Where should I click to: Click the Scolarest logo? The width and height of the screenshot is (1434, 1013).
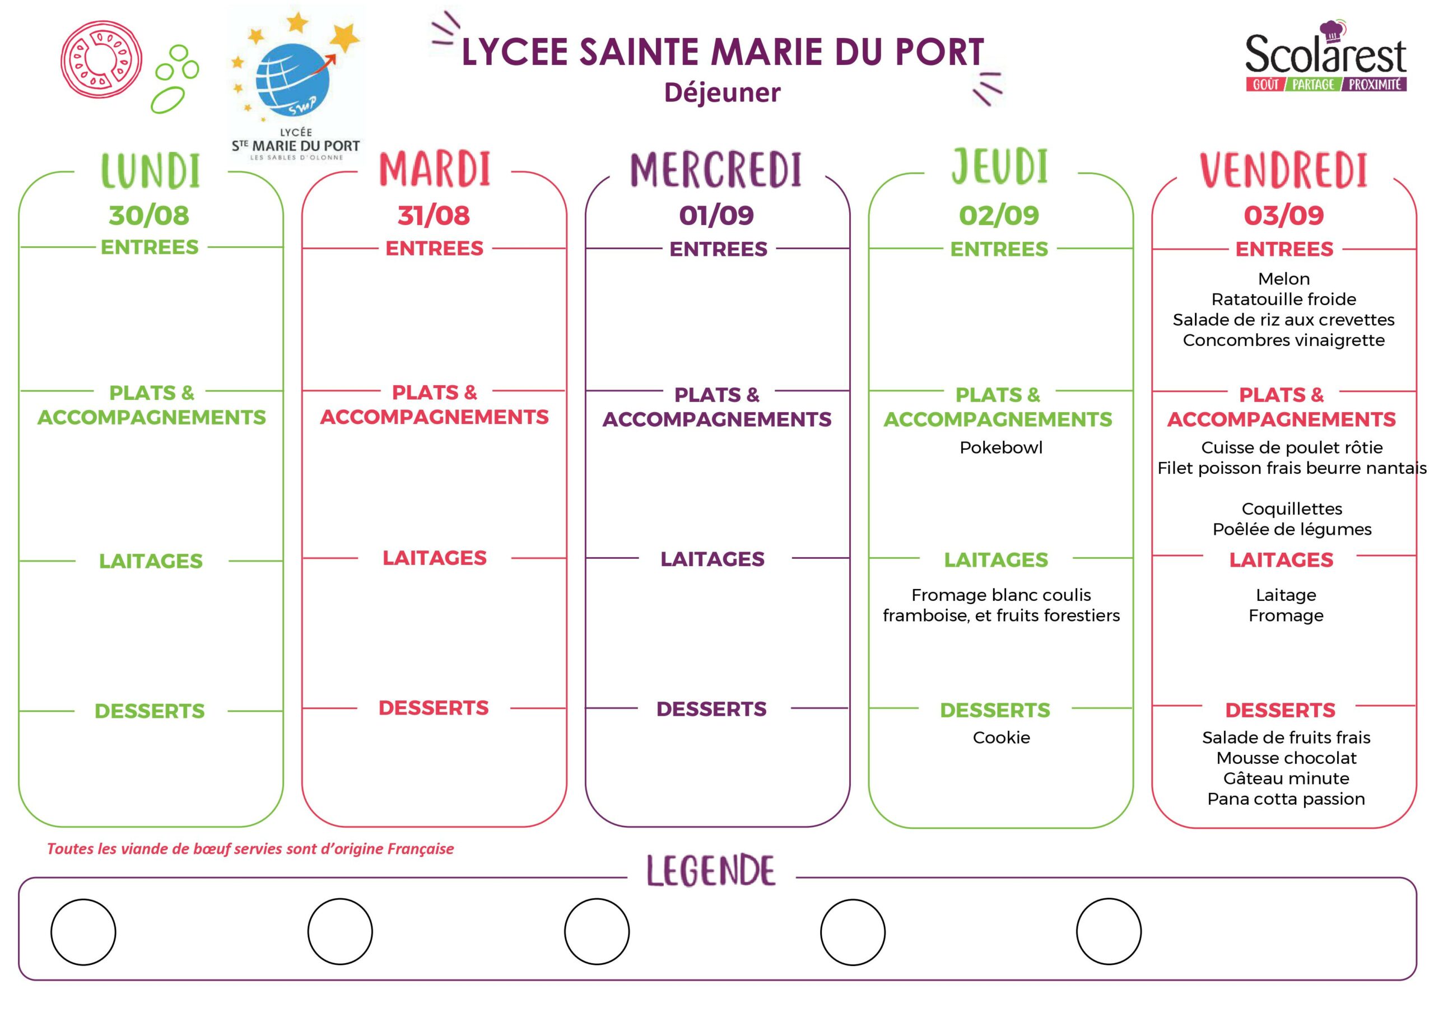coord(1325,58)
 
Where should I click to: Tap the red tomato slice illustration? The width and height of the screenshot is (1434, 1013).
coord(101,59)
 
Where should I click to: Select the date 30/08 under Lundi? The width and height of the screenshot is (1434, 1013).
coord(148,216)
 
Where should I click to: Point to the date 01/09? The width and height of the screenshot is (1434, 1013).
coord(716,216)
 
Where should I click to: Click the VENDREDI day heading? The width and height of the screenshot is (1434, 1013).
coord(1283,170)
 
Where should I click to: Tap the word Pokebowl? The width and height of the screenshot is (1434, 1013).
coord(1000,448)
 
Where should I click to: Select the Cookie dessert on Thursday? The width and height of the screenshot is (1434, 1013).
coord(1001,737)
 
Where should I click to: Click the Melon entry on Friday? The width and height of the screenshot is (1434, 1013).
coord(1283,278)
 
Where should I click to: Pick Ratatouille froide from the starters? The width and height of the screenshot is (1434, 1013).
coord(1283,299)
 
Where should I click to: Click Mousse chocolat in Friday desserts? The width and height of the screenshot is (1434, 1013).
coord(1286,758)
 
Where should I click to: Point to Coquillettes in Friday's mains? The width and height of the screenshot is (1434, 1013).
coord(1292,509)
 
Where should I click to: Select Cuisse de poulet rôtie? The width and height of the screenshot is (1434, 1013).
coord(1292,448)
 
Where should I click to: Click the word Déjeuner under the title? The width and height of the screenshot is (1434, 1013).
coord(722,93)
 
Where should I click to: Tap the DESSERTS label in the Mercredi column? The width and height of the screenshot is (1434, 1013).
coord(711,709)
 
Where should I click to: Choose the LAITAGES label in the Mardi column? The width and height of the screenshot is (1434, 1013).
coord(434,558)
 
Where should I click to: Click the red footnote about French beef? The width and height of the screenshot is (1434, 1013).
coord(250,849)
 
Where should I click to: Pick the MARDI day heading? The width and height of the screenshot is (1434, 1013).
coord(435,169)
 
